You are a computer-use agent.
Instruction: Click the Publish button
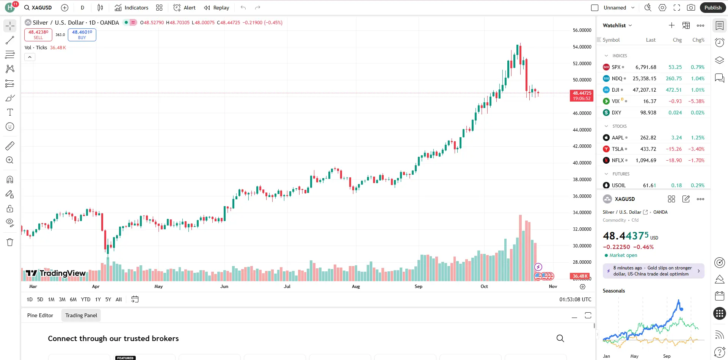click(713, 8)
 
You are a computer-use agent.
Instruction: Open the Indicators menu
click(132, 8)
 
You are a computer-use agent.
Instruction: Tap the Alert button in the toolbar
click(184, 8)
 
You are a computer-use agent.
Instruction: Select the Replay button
click(217, 8)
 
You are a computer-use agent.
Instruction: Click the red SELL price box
click(38, 34)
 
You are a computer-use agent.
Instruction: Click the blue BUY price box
click(82, 34)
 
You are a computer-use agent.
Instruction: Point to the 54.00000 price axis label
click(582, 47)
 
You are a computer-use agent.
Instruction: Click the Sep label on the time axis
click(418, 286)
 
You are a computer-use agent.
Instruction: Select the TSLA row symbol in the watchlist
click(617, 149)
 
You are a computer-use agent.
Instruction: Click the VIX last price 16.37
click(650, 101)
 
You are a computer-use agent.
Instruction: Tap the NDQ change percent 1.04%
click(697, 78)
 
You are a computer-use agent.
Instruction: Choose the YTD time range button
click(86, 299)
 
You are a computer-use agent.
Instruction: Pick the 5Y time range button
click(108, 299)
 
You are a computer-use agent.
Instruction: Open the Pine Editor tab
click(40, 315)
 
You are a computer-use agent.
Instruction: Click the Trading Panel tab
click(81, 315)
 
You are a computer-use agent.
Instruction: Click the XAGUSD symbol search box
click(38, 8)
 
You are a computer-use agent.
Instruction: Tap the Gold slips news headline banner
click(653, 271)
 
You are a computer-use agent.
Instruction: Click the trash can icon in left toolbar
click(10, 243)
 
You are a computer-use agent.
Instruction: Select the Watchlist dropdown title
click(617, 25)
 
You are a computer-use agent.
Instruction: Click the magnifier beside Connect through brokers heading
click(560, 338)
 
